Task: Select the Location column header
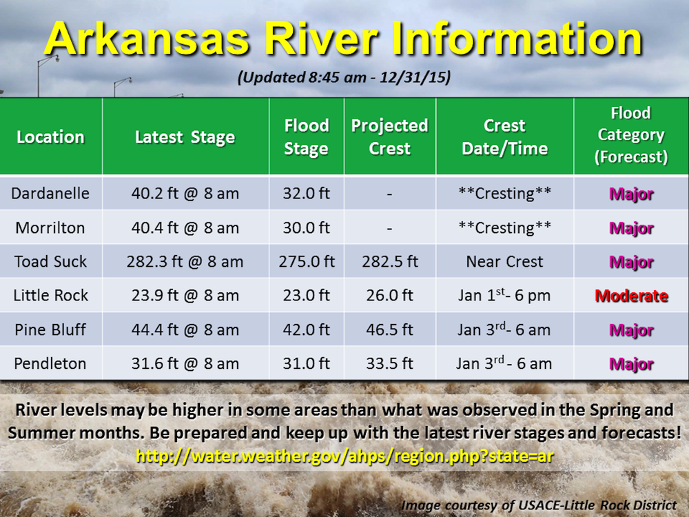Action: [50, 137]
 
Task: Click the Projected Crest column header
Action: [389, 137]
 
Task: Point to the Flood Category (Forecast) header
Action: [630, 136]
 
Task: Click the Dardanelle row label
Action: [50, 194]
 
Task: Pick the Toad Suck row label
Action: [50, 261]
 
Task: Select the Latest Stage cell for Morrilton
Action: [185, 227]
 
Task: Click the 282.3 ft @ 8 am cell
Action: [185, 261]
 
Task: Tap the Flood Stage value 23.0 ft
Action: [306, 296]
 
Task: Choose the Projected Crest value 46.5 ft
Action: [389, 330]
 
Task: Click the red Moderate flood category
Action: [631, 296]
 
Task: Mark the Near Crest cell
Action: [504, 261]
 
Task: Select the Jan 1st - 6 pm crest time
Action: [504, 296]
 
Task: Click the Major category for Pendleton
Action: [631, 364]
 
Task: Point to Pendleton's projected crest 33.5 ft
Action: [389, 363]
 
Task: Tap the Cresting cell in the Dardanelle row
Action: [504, 194]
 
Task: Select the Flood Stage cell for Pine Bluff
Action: [306, 330]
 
